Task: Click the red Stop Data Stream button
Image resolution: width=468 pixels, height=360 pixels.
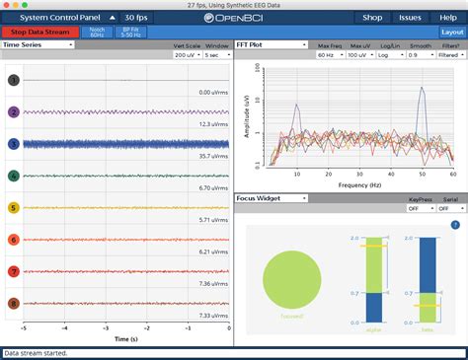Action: pyautogui.click(x=39, y=32)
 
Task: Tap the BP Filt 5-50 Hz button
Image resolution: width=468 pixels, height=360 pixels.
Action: pyautogui.click(x=129, y=32)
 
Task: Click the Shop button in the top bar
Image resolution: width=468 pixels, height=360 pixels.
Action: pyautogui.click(x=372, y=18)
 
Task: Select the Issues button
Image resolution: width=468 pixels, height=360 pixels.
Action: pyautogui.click(x=409, y=18)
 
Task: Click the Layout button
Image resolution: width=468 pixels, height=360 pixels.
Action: pyautogui.click(x=452, y=32)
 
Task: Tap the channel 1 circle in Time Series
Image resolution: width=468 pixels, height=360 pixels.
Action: pyautogui.click(x=13, y=80)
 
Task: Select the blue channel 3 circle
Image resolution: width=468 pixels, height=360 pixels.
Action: pyautogui.click(x=13, y=144)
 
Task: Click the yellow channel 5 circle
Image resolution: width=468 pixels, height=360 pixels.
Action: pyautogui.click(x=13, y=208)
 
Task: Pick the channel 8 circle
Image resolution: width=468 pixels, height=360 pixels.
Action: pyautogui.click(x=13, y=304)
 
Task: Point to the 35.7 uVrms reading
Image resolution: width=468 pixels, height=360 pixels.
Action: pyautogui.click(x=213, y=156)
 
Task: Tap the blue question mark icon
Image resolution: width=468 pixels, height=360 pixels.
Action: pyautogui.click(x=455, y=225)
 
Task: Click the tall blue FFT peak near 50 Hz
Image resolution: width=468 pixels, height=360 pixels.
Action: pyautogui.click(x=422, y=91)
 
